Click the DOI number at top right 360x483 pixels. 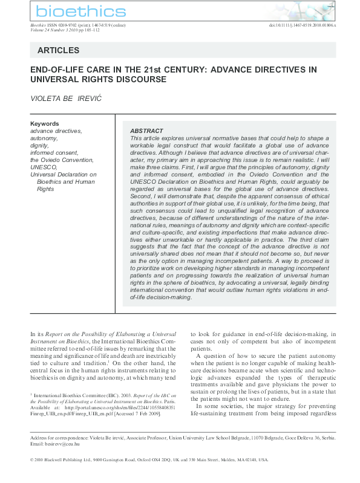(302, 25)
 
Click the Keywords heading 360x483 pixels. (44, 124)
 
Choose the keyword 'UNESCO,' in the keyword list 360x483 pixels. (44, 167)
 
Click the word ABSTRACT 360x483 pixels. (146, 131)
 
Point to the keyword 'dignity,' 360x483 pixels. (39, 146)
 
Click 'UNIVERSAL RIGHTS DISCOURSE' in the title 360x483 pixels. (98, 79)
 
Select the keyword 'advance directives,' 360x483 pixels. (56, 131)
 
